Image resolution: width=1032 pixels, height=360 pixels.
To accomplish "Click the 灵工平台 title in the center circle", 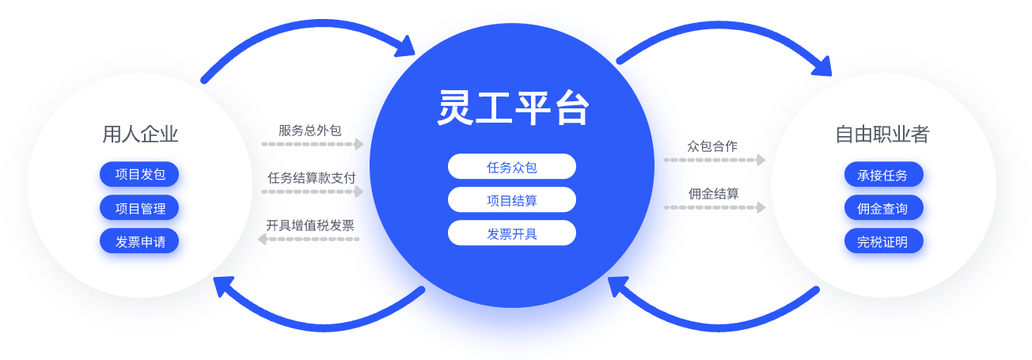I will (x=513, y=108).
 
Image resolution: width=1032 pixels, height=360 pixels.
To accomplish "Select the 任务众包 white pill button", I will (x=512, y=167).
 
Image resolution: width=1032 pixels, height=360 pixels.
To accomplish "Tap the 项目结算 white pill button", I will (x=512, y=200).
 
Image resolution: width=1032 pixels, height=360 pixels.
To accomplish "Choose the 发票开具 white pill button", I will (x=512, y=233).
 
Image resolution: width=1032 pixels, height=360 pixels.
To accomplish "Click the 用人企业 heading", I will (x=140, y=134).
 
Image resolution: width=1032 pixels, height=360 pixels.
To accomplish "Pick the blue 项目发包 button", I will (x=139, y=174).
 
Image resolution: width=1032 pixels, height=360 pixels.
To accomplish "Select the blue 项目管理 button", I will (x=139, y=208).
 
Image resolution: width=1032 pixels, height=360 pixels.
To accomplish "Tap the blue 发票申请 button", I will (x=139, y=241).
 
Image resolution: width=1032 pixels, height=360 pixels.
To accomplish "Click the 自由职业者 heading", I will (x=882, y=134).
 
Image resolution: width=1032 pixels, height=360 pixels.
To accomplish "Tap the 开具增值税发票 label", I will (x=310, y=225).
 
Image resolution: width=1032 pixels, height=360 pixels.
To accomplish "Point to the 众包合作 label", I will (x=712, y=146).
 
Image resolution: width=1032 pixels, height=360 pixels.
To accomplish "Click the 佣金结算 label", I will (x=713, y=193).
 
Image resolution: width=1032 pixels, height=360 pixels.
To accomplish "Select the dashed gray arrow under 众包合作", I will (x=714, y=160).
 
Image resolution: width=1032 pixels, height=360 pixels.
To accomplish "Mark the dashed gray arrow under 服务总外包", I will (x=312, y=144).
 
